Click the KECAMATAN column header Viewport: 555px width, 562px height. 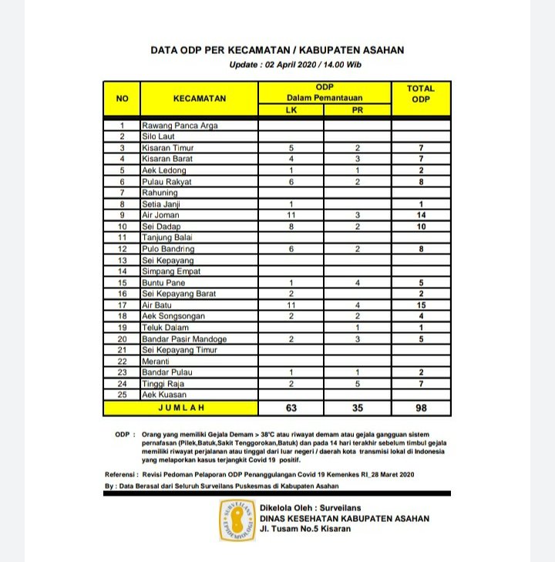coord(199,99)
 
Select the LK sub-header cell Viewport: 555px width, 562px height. coord(291,110)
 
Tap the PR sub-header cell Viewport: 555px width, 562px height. coord(357,110)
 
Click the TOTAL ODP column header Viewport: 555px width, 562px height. coord(420,94)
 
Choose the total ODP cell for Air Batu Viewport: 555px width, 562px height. coord(420,305)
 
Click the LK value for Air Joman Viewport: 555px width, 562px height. coord(291,215)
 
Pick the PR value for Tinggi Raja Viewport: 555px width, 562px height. coord(357,383)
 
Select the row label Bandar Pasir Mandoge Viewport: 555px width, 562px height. coord(184,339)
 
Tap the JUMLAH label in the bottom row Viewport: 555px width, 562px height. coord(181,407)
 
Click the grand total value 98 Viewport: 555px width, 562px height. coord(420,407)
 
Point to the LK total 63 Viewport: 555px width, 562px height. coord(291,407)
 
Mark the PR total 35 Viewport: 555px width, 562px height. coord(357,407)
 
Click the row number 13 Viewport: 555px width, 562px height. coord(122,261)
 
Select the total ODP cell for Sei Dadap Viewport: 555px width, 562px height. coord(420,227)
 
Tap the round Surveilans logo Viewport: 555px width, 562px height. coord(237,519)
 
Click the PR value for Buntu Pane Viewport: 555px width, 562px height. coord(357,283)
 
